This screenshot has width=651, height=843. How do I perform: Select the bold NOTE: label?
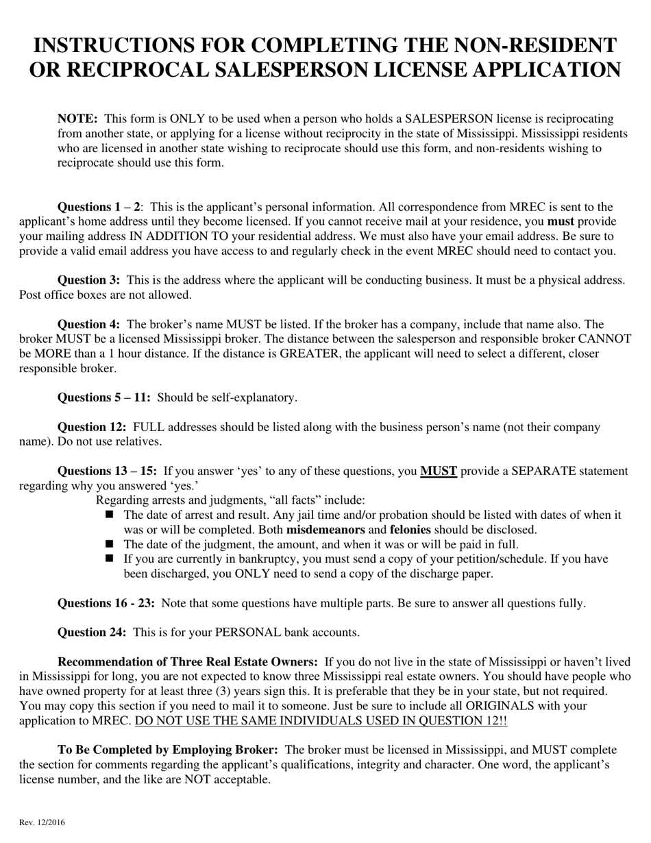(77, 119)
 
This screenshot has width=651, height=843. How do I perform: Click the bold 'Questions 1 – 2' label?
(99, 207)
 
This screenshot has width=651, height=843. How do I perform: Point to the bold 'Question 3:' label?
(89, 280)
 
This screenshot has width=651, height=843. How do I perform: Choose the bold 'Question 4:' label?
(89, 324)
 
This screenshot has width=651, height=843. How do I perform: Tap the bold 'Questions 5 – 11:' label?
(104, 398)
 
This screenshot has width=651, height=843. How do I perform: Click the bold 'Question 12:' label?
(92, 428)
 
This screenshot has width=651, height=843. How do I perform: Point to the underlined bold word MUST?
(439, 472)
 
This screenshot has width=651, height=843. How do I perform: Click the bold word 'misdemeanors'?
(325, 530)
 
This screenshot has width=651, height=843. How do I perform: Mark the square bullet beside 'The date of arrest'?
(111, 515)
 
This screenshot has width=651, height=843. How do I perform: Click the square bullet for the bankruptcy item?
(111, 559)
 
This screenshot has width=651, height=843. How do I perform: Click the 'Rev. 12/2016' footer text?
(42, 822)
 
